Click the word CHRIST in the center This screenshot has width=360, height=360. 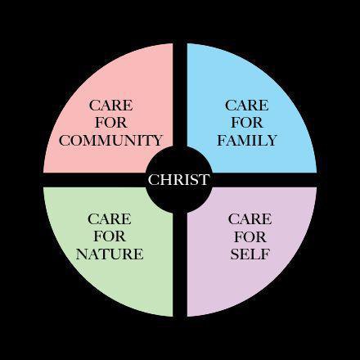[179, 180]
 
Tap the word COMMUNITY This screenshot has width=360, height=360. [110, 141]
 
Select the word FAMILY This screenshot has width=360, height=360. [247, 141]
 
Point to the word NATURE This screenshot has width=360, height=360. [110, 254]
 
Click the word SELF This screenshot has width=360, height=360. [250, 254]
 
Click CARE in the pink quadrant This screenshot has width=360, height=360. [110, 106]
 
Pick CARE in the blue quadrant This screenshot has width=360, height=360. [247, 106]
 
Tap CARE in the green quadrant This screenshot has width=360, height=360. [110, 219]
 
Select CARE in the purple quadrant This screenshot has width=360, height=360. [250, 219]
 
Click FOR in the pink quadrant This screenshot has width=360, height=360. [111, 123]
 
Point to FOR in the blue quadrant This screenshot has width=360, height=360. [247, 123]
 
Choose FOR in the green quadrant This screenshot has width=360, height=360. [110, 236]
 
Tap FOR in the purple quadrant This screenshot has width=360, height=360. [250, 236]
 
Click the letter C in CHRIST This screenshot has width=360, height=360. [153, 180]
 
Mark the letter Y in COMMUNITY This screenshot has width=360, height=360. [157, 141]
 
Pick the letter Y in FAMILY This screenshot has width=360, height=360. [272, 141]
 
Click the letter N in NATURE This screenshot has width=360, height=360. [83, 254]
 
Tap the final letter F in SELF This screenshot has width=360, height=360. [266, 254]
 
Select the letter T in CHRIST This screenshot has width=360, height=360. [205, 180]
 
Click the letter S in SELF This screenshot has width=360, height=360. [234, 254]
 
